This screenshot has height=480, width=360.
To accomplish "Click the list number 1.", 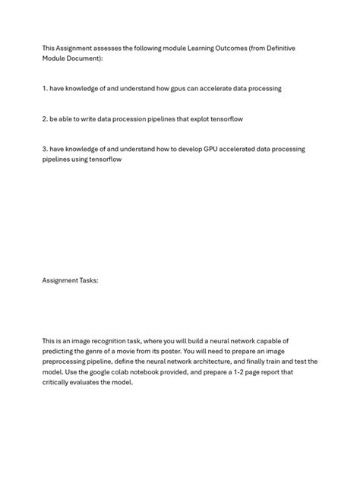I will [x=44, y=88].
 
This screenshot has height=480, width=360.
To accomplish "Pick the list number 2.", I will [x=44, y=118].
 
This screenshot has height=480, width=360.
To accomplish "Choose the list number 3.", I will [x=44, y=149].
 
